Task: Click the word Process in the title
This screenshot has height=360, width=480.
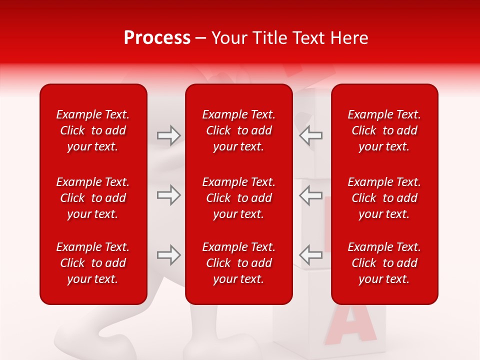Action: (x=157, y=38)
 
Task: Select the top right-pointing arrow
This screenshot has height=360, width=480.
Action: (x=169, y=135)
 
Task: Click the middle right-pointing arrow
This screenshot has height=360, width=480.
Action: (x=169, y=195)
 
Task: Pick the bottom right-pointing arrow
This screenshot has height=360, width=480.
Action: (x=169, y=255)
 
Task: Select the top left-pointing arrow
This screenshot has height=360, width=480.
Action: (x=310, y=135)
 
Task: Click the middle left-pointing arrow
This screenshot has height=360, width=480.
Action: (x=310, y=195)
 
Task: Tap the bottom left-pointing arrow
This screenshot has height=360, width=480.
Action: (x=310, y=255)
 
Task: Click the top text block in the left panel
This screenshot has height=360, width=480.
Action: (x=93, y=130)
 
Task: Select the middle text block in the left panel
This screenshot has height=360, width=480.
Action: (x=93, y=198)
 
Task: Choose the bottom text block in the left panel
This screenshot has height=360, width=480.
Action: (x=93, y=263)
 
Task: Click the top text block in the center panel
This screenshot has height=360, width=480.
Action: (x=238, y=130)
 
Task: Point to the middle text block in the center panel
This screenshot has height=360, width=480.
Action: (x=238, y=198)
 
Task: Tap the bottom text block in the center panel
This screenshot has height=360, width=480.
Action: (x=238, y=263)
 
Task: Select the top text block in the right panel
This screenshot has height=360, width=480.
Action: (x=384, y=130)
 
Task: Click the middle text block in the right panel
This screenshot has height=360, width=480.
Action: (x=384, y=198)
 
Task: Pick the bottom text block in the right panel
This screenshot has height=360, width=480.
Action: (x=384, y=263)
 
